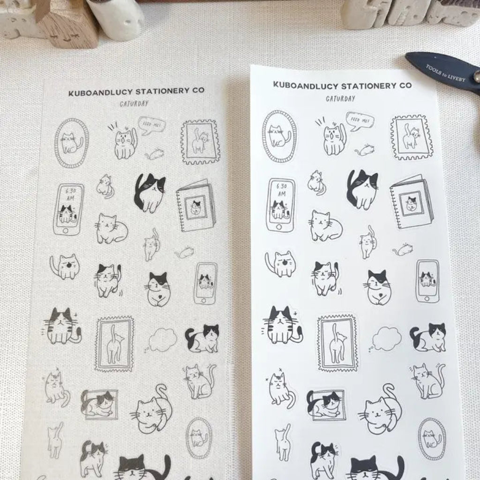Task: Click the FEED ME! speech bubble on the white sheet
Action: point(360,121)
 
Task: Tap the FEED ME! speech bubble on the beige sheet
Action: point(151,125)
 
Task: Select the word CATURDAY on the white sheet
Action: point(341,98)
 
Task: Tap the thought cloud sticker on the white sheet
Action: point(386,338)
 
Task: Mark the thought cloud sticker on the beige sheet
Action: point(162,339)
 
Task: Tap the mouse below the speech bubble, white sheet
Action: point(365,150)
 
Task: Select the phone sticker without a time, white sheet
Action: point(427,281)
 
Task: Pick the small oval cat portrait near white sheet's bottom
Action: point(432,439)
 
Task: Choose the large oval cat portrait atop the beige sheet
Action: point(71,142)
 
